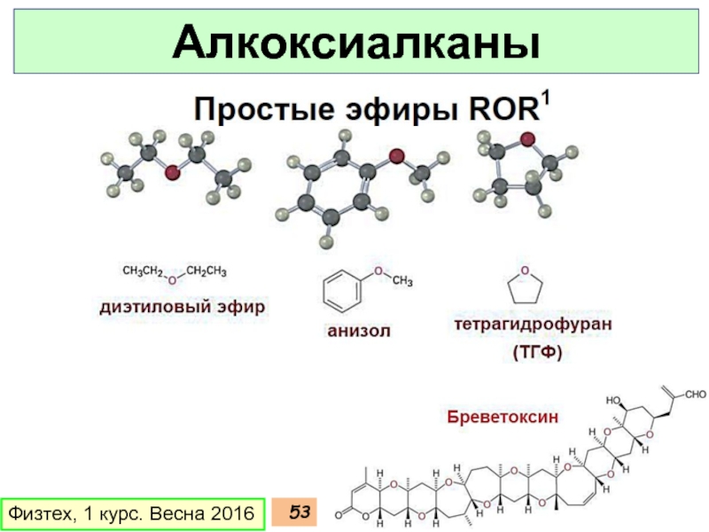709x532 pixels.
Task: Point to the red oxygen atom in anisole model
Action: [x=396, y=158]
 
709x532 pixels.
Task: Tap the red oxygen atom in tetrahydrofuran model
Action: [x=527, y=139]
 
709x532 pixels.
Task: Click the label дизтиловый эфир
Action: [x=181, y=307]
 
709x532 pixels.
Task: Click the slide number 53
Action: [x=300, y=512]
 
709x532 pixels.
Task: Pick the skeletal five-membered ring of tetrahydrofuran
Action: [x=525, y=287]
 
